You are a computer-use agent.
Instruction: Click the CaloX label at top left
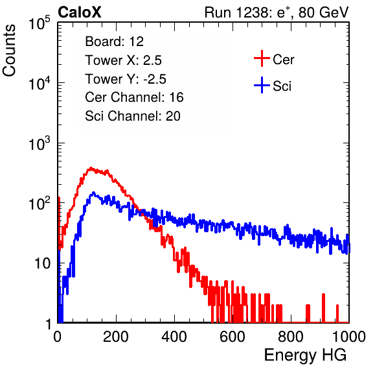[79, 12]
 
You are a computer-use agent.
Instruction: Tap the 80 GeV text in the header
[323, 12]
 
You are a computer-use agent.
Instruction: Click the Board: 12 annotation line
[114, 42]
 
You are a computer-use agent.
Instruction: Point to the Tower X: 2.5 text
[123, 60]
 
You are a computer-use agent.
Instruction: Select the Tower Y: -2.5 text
[126, 79]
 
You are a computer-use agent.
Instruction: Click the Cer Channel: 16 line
[134, 97]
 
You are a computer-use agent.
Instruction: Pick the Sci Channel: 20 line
[133, 116]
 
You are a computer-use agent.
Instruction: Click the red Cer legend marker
[262, 58]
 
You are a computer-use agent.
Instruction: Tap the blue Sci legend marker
[262, 85]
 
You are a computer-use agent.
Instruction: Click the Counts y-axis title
[9, 51]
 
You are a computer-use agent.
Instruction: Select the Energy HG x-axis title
[305, 355]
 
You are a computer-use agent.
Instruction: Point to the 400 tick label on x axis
[174, 337]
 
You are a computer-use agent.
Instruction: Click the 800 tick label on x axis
[291, 337]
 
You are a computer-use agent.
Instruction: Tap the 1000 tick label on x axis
[349, 337]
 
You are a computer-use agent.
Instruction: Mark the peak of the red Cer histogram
[91, 168]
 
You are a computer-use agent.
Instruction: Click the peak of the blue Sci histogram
[93, 193]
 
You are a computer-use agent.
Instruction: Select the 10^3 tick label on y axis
[40, 143]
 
